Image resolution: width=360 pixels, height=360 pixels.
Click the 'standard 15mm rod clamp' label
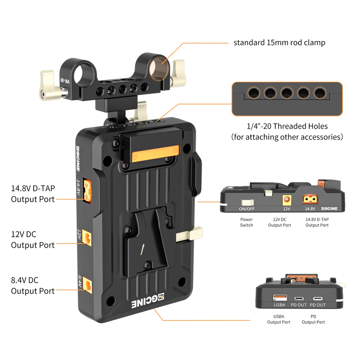279,43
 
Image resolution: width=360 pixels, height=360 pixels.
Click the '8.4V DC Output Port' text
33,285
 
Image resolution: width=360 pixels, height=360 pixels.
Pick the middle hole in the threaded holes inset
287,93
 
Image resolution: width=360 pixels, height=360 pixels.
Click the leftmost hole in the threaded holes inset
253,93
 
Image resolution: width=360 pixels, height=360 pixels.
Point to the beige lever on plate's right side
189,234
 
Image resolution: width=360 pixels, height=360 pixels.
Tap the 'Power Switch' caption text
246,222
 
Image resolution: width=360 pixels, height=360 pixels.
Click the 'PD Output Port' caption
314,319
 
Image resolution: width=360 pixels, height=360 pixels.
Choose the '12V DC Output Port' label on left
33,239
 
